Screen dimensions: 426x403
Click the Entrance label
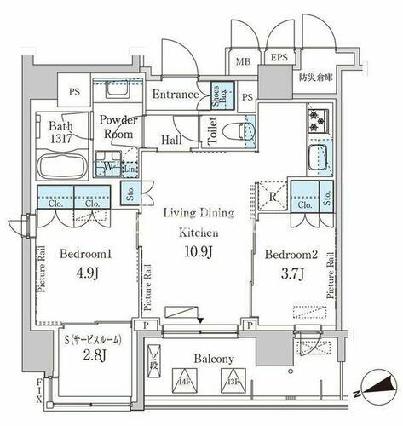click(x=176, y=95)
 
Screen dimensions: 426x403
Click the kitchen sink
click(x=319, y=158)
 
